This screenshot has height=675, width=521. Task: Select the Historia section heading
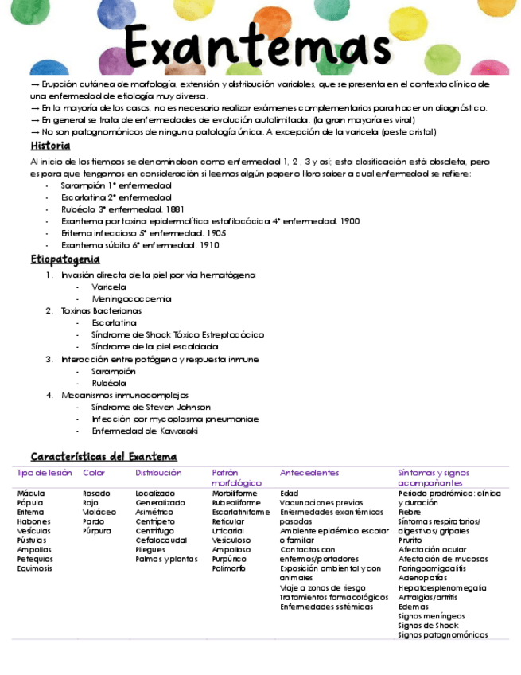[50, 146]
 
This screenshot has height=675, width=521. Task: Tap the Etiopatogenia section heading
[65, 259]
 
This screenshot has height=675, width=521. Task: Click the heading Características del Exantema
[103, 457]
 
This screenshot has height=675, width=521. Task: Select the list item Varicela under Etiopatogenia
[108, 287]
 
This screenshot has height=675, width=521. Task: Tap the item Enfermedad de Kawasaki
[144, 431]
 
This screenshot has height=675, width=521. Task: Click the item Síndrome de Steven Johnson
[150, 407]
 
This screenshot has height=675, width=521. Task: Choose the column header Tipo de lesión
[45, 473]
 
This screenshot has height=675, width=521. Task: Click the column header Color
[94, 473]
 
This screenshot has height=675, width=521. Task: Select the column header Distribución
[158, 473]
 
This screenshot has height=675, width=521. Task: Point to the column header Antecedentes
[309, 473]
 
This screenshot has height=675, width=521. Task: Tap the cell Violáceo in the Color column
[99, 513]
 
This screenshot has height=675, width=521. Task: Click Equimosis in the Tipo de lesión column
[35, 568]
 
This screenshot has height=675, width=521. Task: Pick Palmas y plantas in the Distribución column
[166, 559]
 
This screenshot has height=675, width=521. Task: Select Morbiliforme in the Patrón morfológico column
[235, 494]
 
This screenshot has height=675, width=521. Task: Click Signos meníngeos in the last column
[431, 616]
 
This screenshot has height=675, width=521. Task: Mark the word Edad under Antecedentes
[290, 494]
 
